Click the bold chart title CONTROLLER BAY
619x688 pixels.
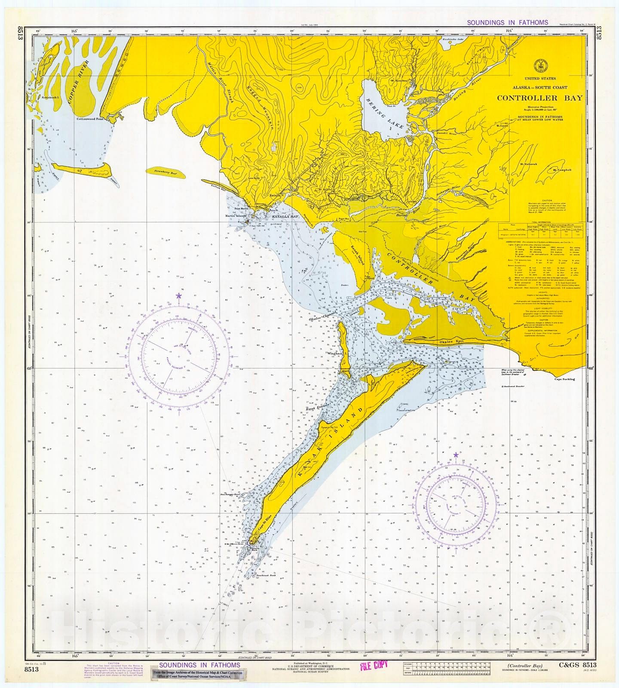click(x=540, y=98)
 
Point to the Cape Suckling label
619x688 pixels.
click(x=564, y=379)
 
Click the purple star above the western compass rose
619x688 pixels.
click(x=179, y=296)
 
